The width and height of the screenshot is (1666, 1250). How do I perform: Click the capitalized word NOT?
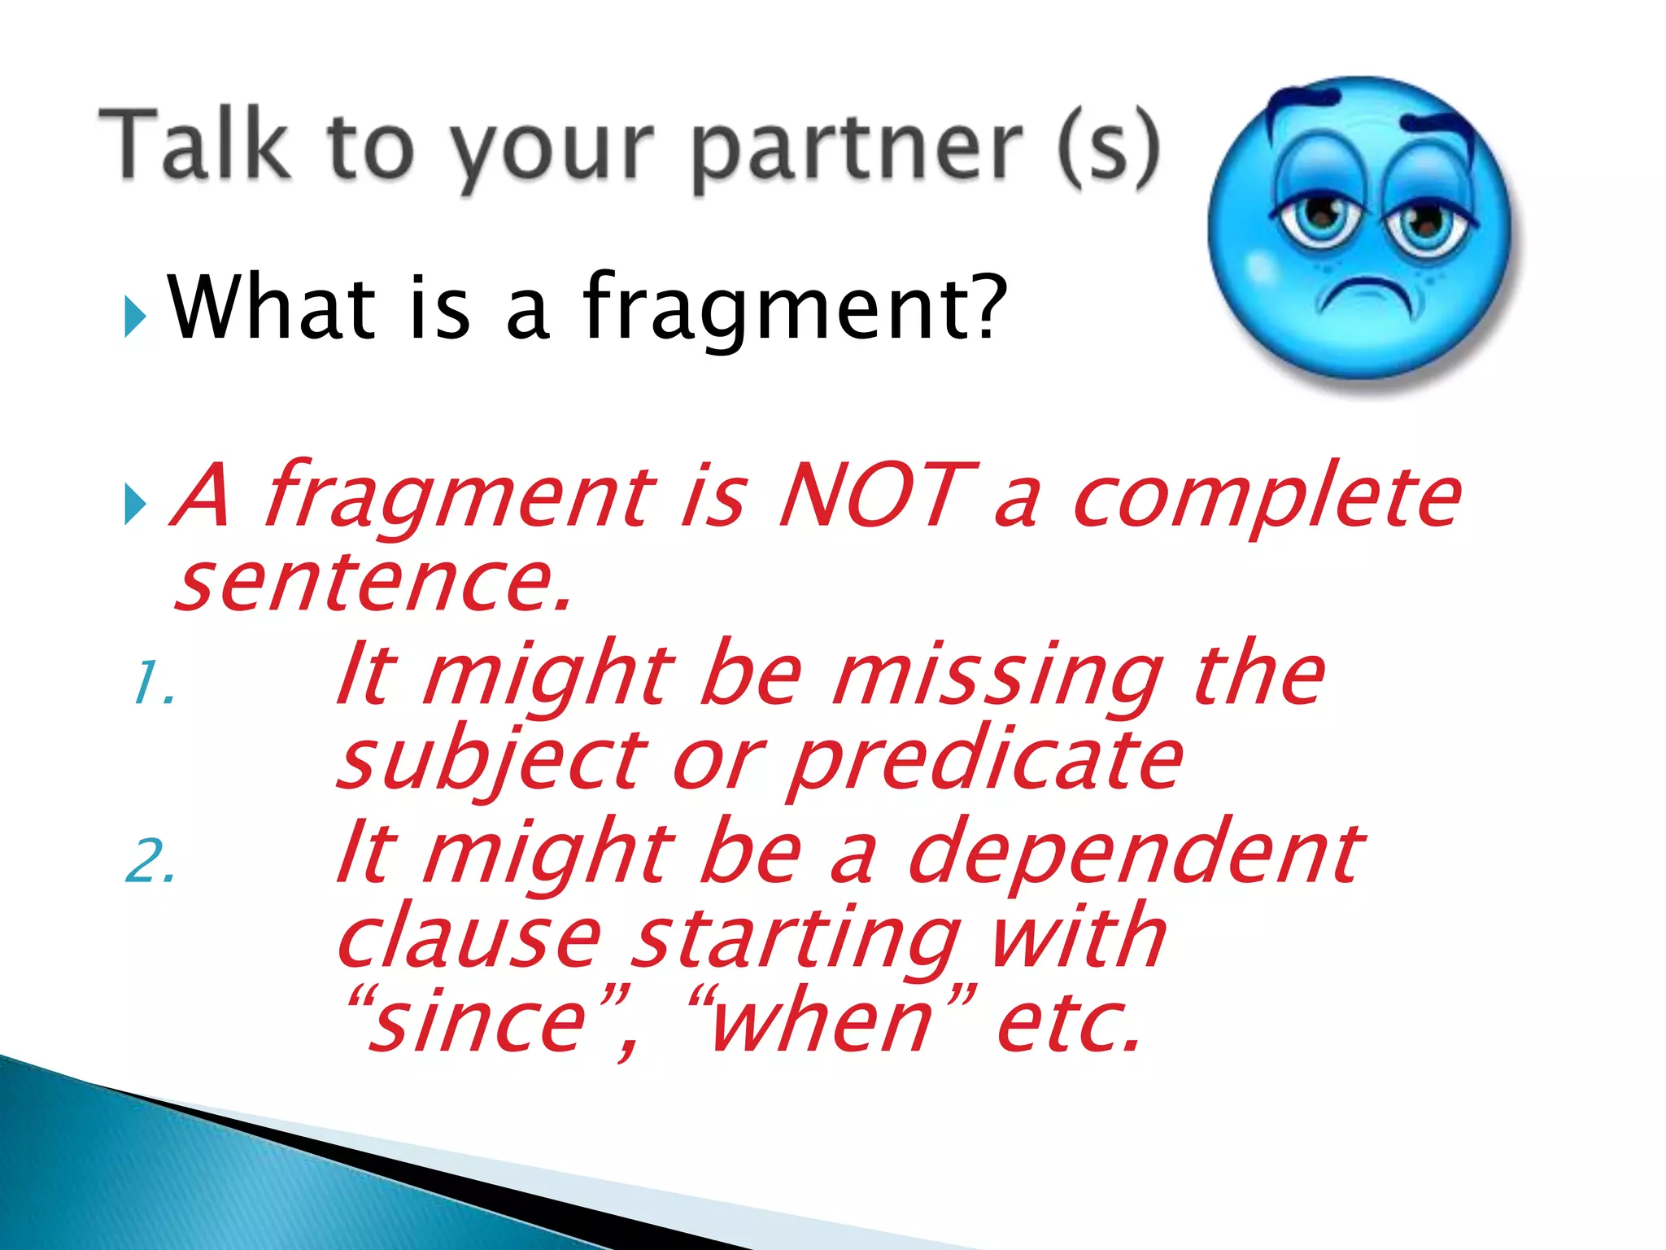[877, 495]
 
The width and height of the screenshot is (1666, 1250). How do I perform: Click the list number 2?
[151, 862]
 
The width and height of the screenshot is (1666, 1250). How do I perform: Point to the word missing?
[997, 677]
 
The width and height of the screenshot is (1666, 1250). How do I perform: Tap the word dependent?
[1134, 854]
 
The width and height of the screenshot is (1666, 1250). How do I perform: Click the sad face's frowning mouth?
[1368, 293]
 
